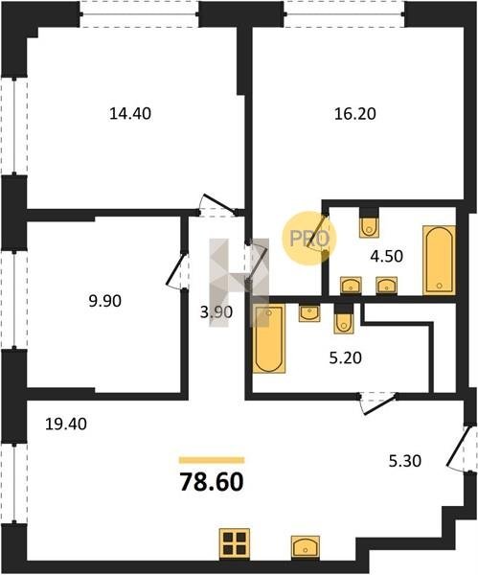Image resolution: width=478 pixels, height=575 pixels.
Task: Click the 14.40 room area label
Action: [x=130, y=114]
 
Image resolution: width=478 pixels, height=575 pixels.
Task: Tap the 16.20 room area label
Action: [x=354, y=114]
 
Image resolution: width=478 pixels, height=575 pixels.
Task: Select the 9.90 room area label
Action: [x=104, y=301]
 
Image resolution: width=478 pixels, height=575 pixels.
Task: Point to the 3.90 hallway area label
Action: [x=216, y=312]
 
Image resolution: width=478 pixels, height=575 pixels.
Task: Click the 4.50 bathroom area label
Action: [x=387, y=256]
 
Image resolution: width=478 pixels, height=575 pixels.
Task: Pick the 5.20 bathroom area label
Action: [x=345, y=357]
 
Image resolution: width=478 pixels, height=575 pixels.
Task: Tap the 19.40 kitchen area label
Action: [x=66, y=424]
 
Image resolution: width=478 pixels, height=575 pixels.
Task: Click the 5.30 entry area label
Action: [x=404, y=461]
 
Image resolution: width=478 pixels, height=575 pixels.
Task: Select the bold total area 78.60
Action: [x=212, y=482]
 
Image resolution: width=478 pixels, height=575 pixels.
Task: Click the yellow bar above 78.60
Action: [x=212, y=460]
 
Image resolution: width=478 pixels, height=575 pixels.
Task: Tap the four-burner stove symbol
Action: [x=235, y=543]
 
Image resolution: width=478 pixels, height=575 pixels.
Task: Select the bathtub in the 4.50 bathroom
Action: [x=439, y=261]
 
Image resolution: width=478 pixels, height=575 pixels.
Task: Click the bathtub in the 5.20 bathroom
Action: [x=269, y=338]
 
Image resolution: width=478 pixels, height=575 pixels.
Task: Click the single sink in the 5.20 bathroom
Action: [x=309, y=312]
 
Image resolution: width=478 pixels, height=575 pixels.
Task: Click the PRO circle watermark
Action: [x=309, y=239]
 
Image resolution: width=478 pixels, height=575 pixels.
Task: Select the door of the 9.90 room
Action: [x=176, y=270]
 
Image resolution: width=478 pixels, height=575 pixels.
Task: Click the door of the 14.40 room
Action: [x=219, y=205]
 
